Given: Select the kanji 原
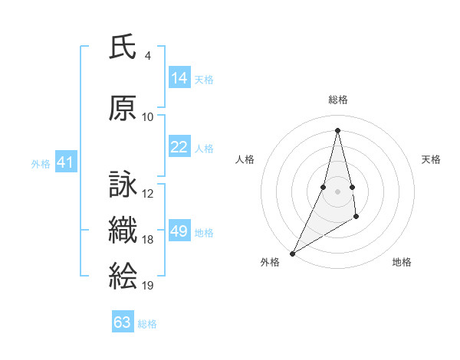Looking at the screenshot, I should pyautogui.click(x=123, y=108).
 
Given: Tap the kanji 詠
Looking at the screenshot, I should pyautogui.click(x=123, y=185).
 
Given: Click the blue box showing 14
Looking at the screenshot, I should pyautogui.click(x=179, y=77).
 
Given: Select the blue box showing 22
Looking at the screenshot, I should pyautogui.click(x=179, y=146).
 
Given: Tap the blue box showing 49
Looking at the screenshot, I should pyautogui.click(x=179, y=231).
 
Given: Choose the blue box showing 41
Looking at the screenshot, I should pyautogui.click(x=65, y=162).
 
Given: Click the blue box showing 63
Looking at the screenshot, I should pyautogui.click(x=123, y=322).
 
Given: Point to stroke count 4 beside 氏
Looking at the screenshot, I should pyautogui.click(x=147, y=56).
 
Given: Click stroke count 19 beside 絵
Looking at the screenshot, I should pyautogui.click(x=148, y=286).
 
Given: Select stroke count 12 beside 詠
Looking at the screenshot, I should pyautogui.click(x=148, y=194).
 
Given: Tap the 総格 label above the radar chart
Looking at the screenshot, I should pyautogui.click(x=337, y=100).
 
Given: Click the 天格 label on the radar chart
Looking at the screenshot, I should pyautogui.click(x=431, y=159).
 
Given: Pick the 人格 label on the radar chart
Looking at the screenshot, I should pyautogui.click(x=245, y=159).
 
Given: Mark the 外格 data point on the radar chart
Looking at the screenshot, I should pyautogui.click(x=292, y=253).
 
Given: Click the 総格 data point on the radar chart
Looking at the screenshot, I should pyautogui.click(x=337, y=130).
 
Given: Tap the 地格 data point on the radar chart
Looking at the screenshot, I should pyautogui.click(x=356, y=218).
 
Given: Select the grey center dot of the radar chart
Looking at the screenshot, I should pyautogui.click(x=337, y=191).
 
